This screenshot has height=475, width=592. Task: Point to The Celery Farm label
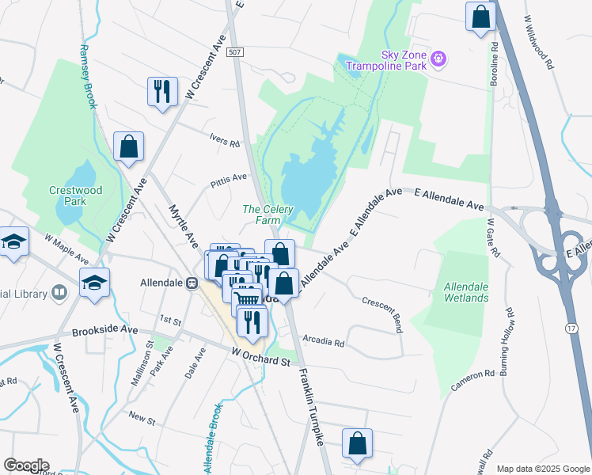click(268, 215)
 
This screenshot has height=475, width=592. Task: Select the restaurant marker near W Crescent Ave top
click(161, 90)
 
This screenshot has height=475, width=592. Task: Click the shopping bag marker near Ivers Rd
click(128, 146)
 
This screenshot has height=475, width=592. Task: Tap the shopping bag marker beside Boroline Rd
click(480, 16)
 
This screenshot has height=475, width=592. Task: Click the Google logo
click(25, 465)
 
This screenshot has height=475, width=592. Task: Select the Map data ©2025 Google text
click(542, 469)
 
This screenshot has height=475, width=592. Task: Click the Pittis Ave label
click(229, 180)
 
